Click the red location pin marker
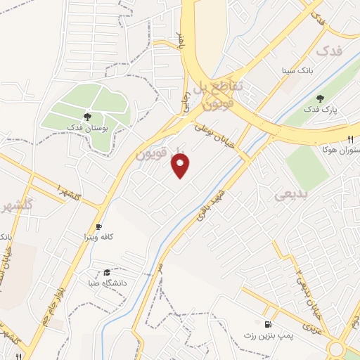(x=181, y=166)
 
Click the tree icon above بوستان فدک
(x=87, y=117)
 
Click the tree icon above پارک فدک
(x=321, y=99)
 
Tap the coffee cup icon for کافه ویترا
(x=98, y=226)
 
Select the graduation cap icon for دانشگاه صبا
(x=107, y=272)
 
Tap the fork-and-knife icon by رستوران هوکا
(x=349, y=140)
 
